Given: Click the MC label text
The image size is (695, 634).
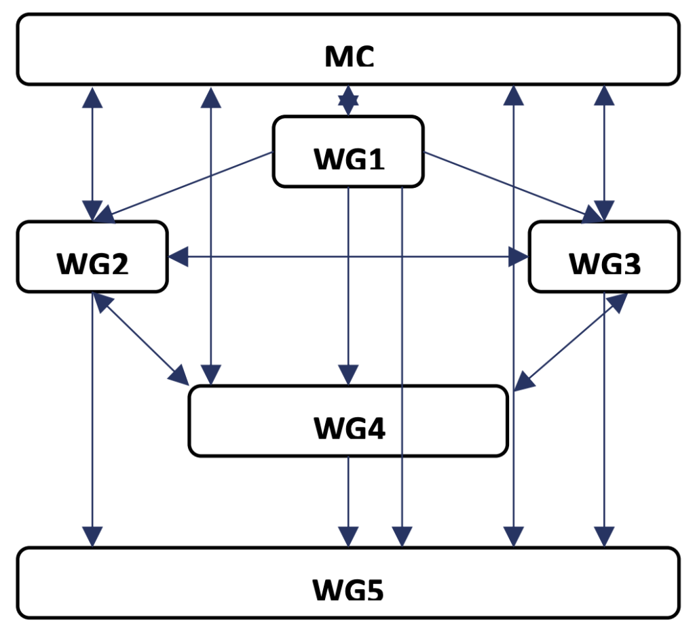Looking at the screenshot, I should click(x=349, y=57).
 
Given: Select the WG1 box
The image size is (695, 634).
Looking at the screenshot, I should click(x=348, y=151).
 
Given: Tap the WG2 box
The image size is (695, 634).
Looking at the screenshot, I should click(x=92, y=257).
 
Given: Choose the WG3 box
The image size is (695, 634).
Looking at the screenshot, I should click(x=604, y=257).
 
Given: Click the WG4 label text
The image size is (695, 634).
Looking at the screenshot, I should click(x=349, y=429).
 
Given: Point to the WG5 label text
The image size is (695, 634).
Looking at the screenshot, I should click(x=348, y=590).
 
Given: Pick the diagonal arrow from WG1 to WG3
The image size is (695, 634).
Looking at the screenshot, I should click(x=509, y=185).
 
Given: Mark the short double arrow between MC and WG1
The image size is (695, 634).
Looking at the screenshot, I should click(x=348, y=100).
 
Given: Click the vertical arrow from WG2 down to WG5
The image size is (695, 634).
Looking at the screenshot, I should click(x=93, y=420).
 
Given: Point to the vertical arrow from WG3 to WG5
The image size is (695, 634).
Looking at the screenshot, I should click(x=604, y=420).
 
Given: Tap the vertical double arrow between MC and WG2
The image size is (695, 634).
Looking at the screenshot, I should click(x=93, y=153).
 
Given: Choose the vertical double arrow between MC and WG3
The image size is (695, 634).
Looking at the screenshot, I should click(x=604, y=153).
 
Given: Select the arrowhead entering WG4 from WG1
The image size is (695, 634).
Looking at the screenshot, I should click(x=348, y=374).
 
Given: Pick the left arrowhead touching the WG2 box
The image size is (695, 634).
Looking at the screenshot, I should click(x=178, y=256).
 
